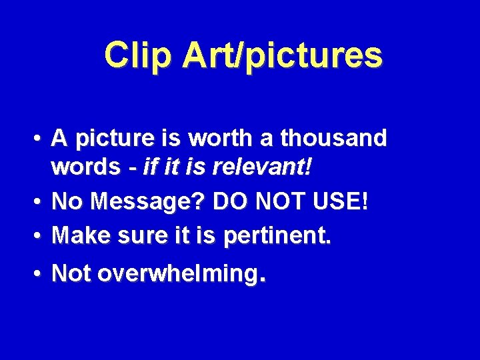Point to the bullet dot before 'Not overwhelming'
click(41, 273)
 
